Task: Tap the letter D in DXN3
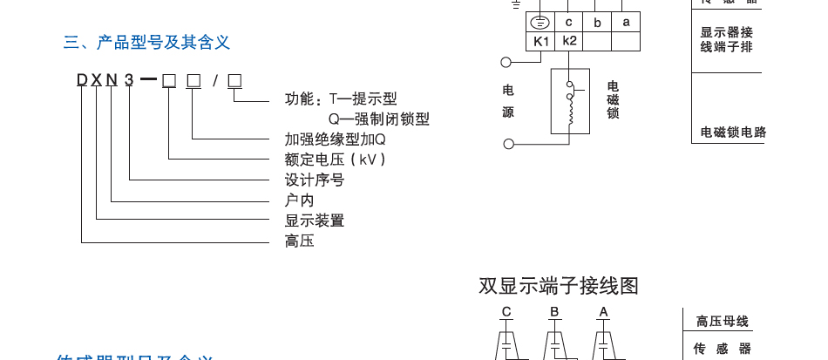click(82, 81)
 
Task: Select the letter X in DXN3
click(97, 81)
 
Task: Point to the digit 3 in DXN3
click(129, 81)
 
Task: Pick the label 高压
click(299, 241)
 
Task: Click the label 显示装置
click(314, 221)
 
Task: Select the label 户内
click(299, 200)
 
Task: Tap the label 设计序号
click(314, 180)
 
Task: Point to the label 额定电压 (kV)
click(335, 160)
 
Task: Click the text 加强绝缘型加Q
click(335, 139)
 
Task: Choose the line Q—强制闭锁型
click(378, 119)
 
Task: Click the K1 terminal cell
click(541, 41)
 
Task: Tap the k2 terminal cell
click(569, 41)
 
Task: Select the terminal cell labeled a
click(626, 23)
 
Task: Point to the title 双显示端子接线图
click(559, 286)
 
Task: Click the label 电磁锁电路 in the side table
click(733, 132)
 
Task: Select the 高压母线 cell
click(723, 322)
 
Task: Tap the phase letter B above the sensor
click(553, 312)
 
